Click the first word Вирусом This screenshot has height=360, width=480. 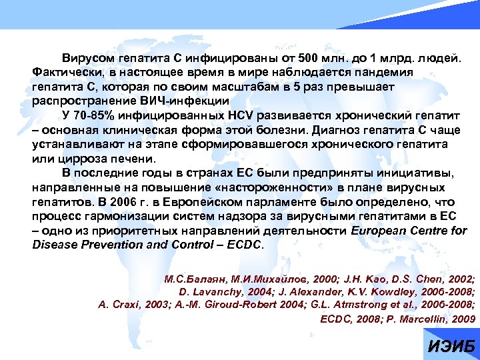(86, 58)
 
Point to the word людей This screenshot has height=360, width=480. (438, 58)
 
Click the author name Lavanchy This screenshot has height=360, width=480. (211, 293)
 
